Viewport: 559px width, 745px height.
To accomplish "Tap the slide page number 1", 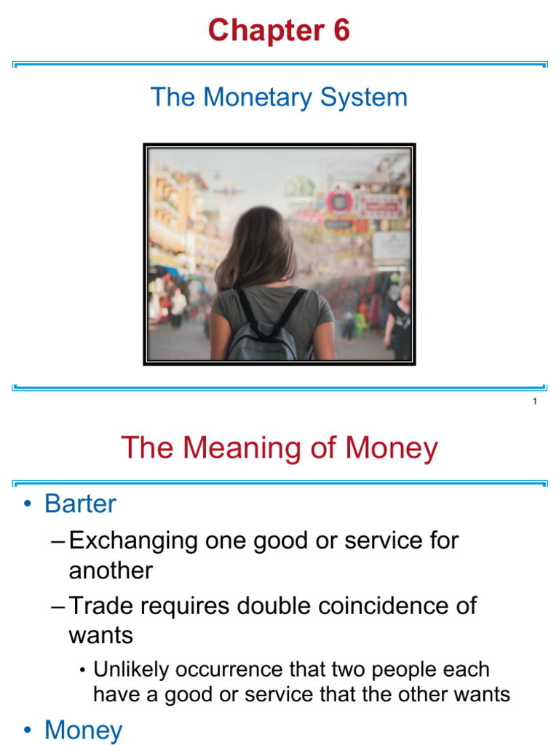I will pyautogui.click(x=535, y=402).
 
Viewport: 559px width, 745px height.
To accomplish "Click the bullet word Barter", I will pyautogui.click(x=80, y=503).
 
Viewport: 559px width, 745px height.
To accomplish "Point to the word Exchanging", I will pyautogui.click(x=133, y=541).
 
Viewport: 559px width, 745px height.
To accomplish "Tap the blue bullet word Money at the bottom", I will pyautogui.click(x=84, y=730).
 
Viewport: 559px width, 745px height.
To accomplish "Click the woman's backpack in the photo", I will pyautogui.click(x=263, y=331).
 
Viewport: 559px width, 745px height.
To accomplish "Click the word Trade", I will pyautogui.click(x=102, y=606).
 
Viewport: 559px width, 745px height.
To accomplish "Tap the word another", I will pyautogui.click(x=111, y=570).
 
